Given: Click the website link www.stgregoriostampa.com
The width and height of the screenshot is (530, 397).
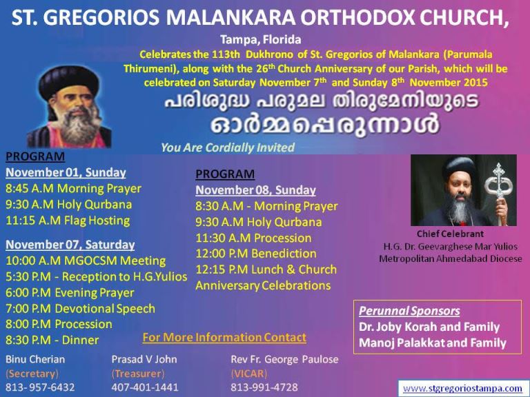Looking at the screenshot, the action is point(463,388).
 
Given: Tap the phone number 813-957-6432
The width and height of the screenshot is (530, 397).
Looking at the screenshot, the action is point(40,387).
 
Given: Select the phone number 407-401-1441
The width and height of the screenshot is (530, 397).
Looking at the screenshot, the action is point(145,387).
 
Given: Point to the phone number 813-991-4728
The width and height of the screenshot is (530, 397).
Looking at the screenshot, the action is point(264,387).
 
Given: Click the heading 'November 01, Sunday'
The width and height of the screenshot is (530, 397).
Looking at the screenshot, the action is point(66,172).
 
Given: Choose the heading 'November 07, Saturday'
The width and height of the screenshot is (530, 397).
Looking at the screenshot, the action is point(70,245).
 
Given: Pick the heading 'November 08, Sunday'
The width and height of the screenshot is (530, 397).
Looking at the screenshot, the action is point(255,190).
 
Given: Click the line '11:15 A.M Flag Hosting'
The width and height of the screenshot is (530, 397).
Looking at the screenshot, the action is point(68,221).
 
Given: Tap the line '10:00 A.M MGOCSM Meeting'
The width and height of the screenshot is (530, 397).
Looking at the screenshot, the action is point(86,261).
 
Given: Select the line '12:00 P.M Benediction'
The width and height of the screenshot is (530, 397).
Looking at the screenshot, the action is point(256,254).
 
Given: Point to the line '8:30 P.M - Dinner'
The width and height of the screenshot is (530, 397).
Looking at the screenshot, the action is point(52,340).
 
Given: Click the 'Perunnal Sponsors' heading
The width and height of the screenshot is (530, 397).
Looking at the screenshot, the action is point(409,311).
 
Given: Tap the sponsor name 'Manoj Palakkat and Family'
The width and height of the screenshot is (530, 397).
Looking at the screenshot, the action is point(433,343).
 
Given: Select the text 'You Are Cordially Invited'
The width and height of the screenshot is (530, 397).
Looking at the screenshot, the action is point(228,147).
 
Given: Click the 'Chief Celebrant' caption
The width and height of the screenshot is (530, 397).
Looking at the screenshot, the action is point(450,234).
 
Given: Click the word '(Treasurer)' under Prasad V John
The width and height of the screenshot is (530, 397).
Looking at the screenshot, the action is point(138,374).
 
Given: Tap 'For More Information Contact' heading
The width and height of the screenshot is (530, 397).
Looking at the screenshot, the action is point(224,337).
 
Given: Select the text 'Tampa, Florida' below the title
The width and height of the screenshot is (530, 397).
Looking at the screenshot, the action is point(261,40).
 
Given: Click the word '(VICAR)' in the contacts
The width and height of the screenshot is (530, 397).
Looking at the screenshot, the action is point(248,374).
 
